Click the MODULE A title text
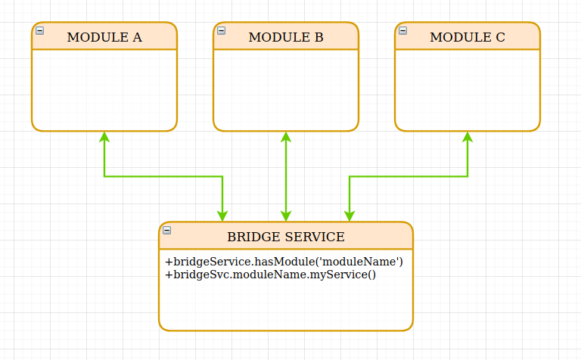click(104, 37)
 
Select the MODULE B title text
click(286, 37)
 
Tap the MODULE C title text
click(468, 37)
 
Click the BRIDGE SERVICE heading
click(286, 237)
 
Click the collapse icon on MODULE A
click(40, 31)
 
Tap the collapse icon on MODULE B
click(222, 31)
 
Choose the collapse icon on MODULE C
click(403, 31)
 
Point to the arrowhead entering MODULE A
click(104, 137)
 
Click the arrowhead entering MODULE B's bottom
click(286, 137)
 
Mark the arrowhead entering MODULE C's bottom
click(468, 137)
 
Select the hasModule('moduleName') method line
click(284, 262)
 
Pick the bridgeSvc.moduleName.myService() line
click(270, 274)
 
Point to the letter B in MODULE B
click(318, 37)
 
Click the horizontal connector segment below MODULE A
click(163, 176)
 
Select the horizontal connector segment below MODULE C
click(409, 176)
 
